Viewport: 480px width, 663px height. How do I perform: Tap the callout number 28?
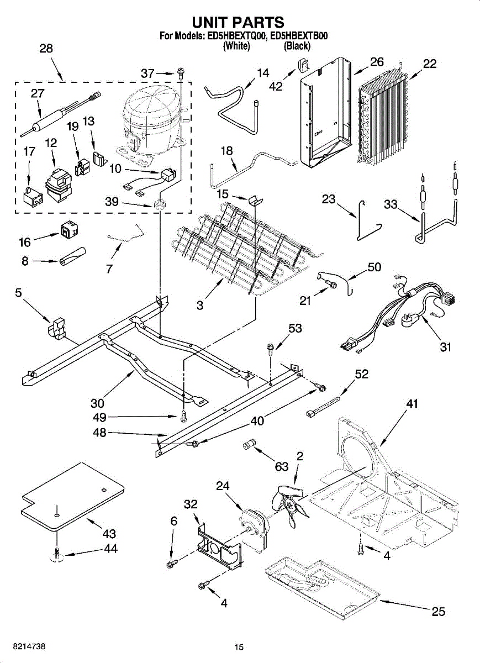tap(46, 49)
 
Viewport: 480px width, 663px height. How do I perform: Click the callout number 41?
tap(412, 404)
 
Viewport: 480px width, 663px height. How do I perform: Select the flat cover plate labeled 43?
tap(72, 494)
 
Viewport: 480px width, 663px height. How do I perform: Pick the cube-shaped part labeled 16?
tap(68, 230)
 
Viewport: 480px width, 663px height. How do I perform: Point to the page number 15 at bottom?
tap(239, 648)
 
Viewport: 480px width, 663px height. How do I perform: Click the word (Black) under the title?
tap(297, 46)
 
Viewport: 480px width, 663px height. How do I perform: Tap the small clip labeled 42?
tap(302, 65)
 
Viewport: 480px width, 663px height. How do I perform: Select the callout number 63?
tap(282, 467)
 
